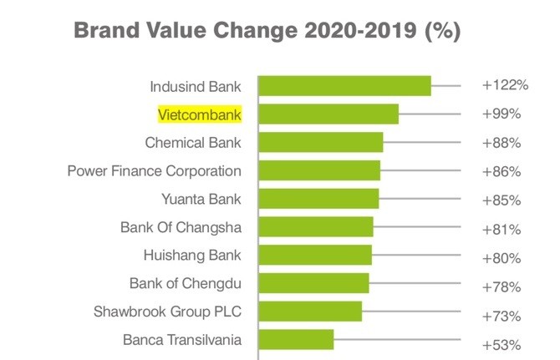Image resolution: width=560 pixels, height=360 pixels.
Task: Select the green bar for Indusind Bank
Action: pyautogui.click(x=344, y=85)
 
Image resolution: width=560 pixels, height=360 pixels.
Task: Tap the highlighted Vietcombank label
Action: pyautogui.click(x=200, y=114)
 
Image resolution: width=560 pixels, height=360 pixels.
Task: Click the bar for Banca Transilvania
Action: pyautogui.click(x=296, y=340)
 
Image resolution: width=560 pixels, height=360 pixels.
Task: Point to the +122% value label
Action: pyautogui.click(x=505, y=85)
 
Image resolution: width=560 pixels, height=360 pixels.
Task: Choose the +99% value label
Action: pyautogui.click(x=501, y=114)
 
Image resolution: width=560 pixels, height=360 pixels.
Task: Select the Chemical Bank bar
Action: pyautogui.click(x=321, y=142)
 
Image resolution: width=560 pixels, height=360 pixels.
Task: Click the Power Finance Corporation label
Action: pyautogui.click(x=155, y=170)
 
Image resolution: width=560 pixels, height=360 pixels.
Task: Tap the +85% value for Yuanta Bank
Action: pyautogui.click(x=501, y=200)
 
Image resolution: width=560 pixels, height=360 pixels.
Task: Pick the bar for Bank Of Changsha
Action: pyautogui.click(x=316, y=227)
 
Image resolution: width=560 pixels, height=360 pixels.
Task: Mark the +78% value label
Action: pyautogui.click(x=501, y=286)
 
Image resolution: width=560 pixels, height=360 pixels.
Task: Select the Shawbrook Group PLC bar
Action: pyautogui.click(x=310, y=312)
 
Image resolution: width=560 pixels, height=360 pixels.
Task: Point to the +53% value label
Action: pyautogui.click(x=501, y=344)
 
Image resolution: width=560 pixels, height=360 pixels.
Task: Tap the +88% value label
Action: pyautogui.click(x=501, y=143)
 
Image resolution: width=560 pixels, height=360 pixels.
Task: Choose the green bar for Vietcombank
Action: pyautogui.click(x=328, y=114)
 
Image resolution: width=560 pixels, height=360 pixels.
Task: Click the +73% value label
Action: pyautogui.click(x=501, y=316)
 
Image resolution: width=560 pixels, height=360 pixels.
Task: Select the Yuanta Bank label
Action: pyautogui.click(x=201, y=199)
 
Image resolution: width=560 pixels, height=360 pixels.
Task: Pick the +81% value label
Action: pyautogui.click(x=501, y=229)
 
